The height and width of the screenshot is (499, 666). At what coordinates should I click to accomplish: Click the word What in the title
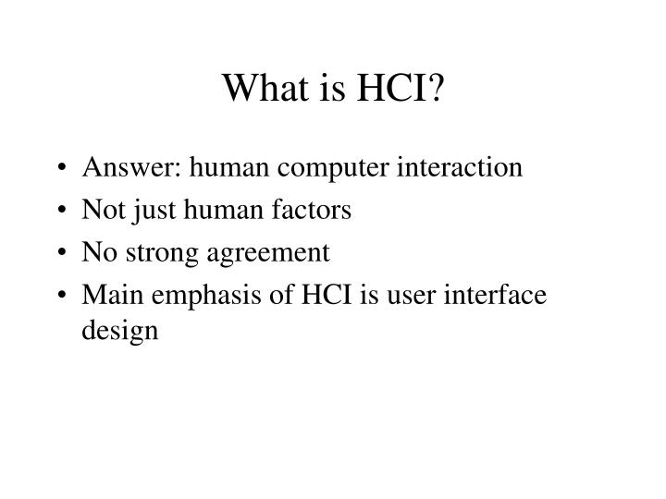265,88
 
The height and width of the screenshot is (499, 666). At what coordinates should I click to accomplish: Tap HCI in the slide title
391,88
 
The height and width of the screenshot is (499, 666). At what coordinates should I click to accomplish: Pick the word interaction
460,166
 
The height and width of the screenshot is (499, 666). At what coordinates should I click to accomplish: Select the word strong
162,254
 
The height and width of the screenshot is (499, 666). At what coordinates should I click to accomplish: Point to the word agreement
268,254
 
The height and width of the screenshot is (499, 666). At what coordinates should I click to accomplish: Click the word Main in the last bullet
113,294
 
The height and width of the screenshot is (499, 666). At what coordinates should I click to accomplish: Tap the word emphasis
206,297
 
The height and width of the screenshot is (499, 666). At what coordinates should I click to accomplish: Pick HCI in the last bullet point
327,294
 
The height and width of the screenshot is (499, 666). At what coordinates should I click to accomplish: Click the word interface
495,294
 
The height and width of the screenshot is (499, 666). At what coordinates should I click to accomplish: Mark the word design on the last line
119,332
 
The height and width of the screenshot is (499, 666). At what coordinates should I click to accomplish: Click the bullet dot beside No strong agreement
62,252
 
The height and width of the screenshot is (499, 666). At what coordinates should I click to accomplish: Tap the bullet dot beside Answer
62,167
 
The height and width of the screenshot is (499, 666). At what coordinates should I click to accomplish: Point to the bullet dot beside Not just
62,210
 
